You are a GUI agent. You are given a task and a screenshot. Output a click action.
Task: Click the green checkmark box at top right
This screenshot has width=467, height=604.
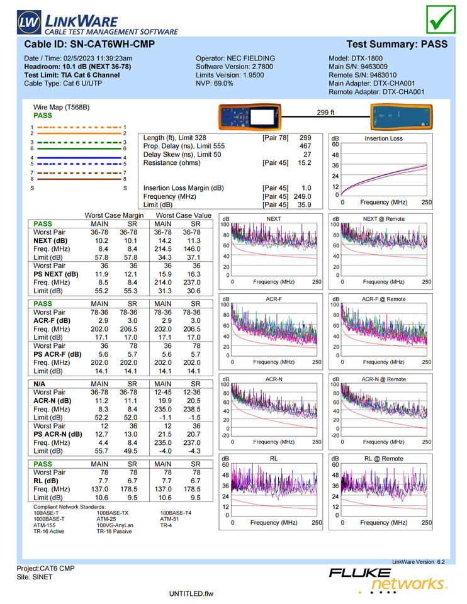(441, 20)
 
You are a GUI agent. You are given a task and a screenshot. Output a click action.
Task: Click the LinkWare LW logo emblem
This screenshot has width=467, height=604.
(29, 22)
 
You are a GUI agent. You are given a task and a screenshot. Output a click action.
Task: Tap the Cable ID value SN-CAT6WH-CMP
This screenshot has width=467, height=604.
(113, 44)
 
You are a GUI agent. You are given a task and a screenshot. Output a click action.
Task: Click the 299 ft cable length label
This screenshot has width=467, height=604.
(325, 113)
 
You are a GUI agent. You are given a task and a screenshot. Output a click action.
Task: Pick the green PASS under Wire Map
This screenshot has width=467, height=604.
(43, 116)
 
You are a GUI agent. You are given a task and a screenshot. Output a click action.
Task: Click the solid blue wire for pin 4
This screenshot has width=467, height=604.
(79, 157)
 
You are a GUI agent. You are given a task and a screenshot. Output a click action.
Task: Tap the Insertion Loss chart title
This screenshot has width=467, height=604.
(383, 138)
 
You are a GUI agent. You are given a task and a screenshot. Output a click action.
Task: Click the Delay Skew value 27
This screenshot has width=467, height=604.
(307, 155)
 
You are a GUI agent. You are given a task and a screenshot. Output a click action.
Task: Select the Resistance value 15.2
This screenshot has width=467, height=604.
(305, 163)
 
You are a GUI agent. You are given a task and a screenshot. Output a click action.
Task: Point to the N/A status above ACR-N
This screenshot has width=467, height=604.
(39, 384)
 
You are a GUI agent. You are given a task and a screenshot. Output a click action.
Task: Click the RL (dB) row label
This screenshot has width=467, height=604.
(46, 481)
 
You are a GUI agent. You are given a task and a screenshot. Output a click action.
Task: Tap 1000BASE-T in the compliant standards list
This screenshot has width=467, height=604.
(49, 519)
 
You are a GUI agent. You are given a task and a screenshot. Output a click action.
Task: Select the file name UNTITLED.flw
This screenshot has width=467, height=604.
(191, 594)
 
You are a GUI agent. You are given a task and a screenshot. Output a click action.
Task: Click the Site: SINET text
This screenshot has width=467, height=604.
(35, 577)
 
